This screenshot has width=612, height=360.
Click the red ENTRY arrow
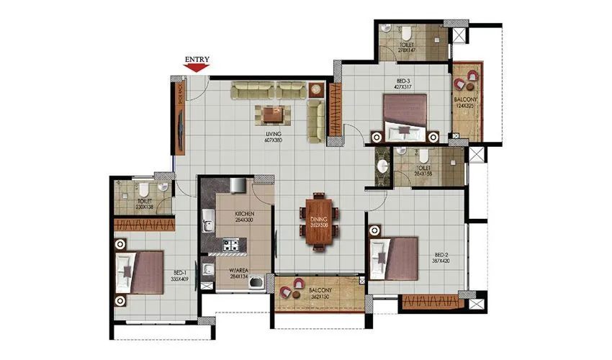click(x=196, y=68)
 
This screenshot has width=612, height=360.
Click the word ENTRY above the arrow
click(x=197, y=59)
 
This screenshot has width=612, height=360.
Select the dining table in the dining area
click(x=318, y=220)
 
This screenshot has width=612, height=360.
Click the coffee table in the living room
click(x=272, y=114)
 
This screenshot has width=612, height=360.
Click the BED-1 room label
click(x=179, y=274)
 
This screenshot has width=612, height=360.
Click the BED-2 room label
click(x=442, y=257)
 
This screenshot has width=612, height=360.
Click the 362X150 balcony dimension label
click(x=320, y=297)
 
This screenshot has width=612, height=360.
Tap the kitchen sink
click(x=207, y=220)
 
